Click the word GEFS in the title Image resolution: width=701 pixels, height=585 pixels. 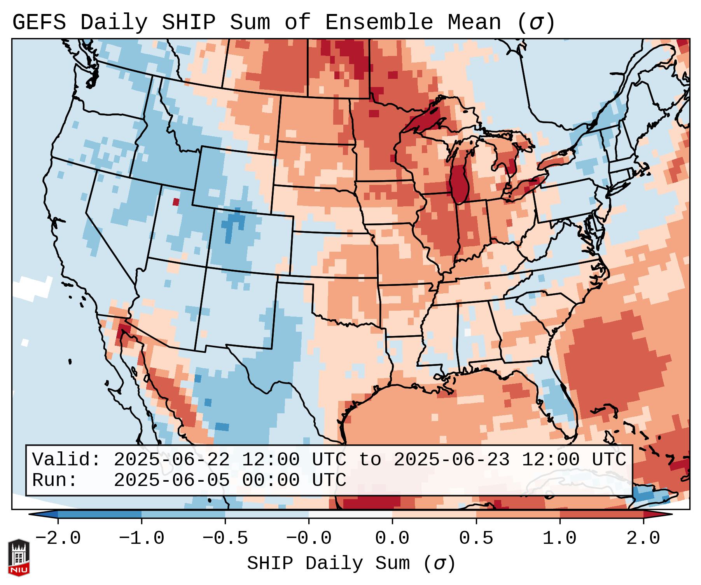[x=39, y=23]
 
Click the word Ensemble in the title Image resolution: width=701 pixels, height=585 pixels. [x=379, y=23]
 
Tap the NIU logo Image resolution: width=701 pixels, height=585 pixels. [x=19, y=558]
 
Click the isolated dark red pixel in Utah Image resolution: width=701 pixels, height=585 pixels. [x=176, y=202]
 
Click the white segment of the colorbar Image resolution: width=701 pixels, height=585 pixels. [x=350, y=514]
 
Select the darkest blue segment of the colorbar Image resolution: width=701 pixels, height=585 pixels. [x=100, y=514]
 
